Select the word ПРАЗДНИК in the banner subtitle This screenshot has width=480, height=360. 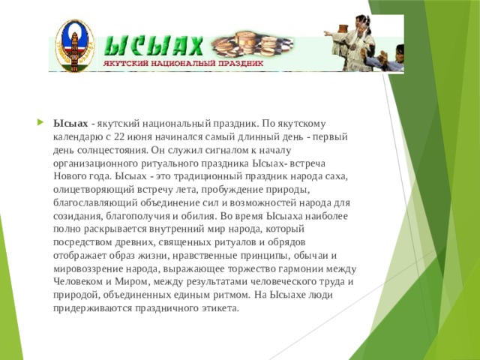pos(241,64)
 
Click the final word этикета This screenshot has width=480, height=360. pos(218,307)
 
